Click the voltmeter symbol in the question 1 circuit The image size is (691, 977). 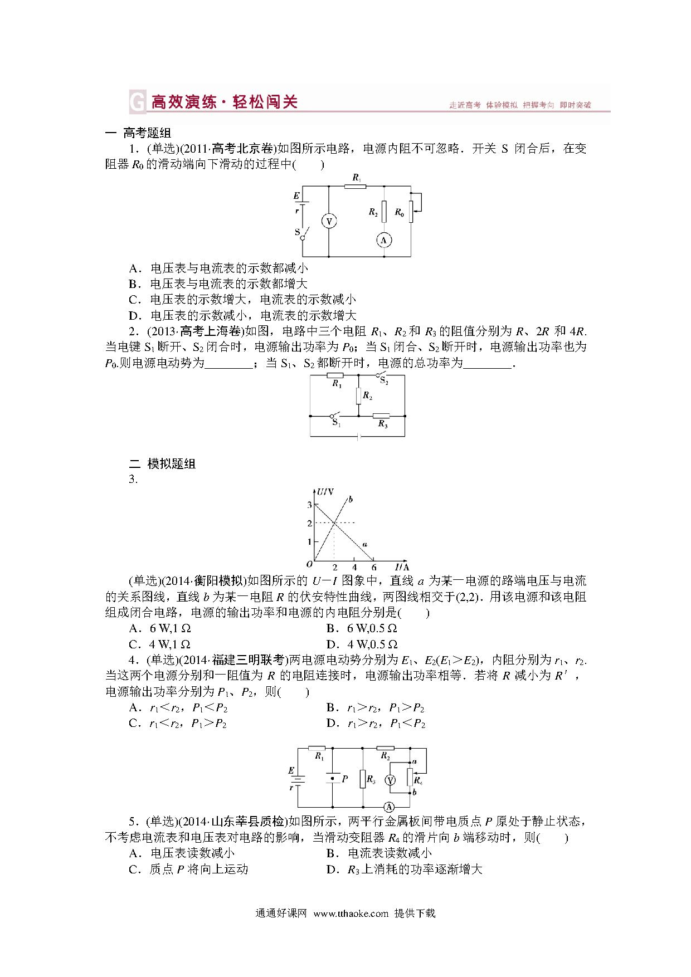point(328,222)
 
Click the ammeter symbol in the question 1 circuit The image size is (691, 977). point(383,240)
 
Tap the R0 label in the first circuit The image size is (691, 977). point(399,212)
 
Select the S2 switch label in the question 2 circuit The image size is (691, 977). point(385,382)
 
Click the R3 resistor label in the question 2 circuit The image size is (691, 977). point(382,424)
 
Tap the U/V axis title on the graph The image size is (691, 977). point(325,492)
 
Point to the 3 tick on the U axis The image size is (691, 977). point(309,505)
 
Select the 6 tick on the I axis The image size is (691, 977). point(373,568)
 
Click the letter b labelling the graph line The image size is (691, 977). point(351,499)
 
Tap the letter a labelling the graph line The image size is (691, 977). point(364,544)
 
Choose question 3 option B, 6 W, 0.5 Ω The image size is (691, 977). point(362,628)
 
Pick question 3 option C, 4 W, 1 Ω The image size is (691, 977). point(160,644)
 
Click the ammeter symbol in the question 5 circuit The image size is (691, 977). point(390,807)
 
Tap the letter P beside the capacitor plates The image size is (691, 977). point(345,779)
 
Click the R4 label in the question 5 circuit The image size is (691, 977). point(418,780)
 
